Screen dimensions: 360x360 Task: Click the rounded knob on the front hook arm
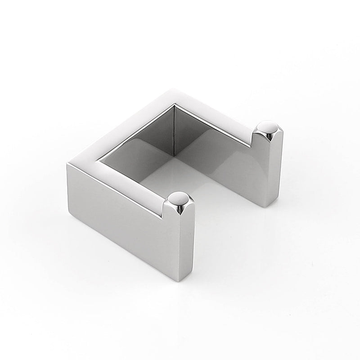pos(179,198)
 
